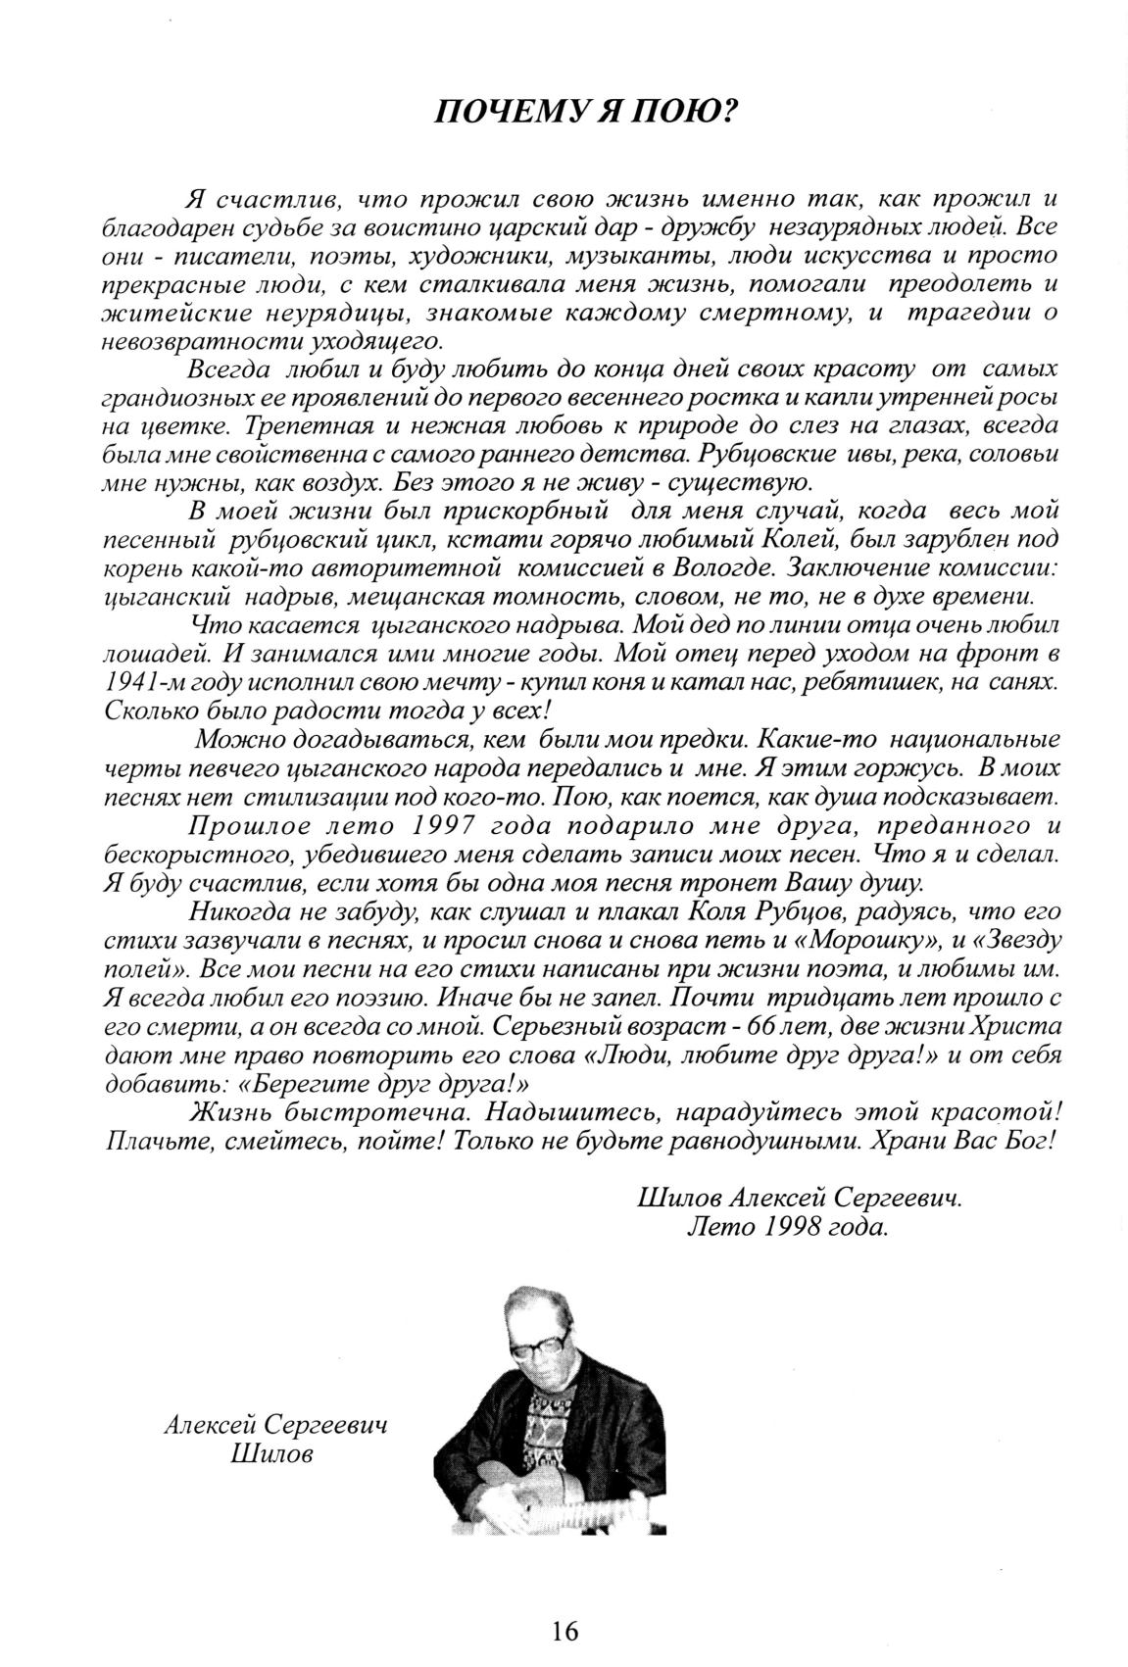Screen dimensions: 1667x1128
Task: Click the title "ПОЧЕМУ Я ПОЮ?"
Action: [x=584, y=111]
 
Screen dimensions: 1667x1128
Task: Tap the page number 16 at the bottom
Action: [x=564, y=1631]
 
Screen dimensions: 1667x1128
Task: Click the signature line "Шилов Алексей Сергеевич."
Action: [x=798, y=1199]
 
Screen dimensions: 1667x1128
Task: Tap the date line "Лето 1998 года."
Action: [x=788, y=1227]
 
